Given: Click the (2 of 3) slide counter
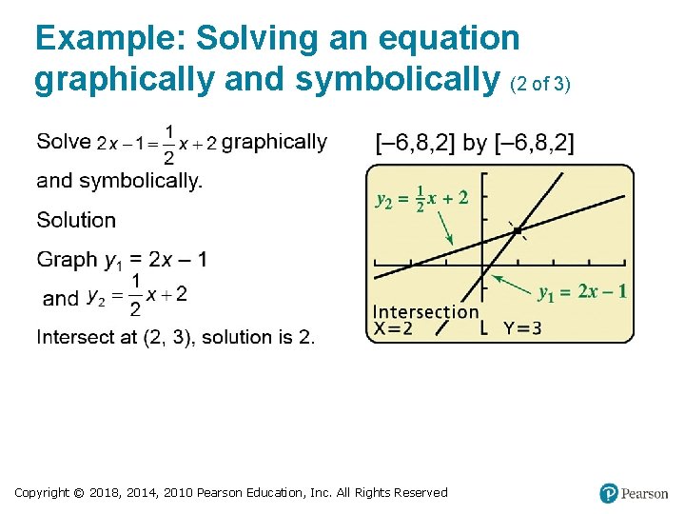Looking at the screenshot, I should click(x=540, y=84).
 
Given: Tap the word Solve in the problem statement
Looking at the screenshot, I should click(x=64, y=143).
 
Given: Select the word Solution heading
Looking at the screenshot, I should click(x=76, y=220).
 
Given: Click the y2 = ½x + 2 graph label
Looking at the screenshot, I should click(x=421, y=200).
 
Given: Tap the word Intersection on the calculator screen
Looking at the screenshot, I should click(x=425, y=311).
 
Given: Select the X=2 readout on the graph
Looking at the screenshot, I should click(x=393, y=329).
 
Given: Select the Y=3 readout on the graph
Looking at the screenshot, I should click(x=522, y=329).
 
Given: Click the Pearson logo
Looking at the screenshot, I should click(x=634, y=493).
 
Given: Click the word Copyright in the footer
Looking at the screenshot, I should click(x=42, y=492).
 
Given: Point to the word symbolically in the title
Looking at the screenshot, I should click(x=400, y=80).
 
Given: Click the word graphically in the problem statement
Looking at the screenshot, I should click(x=274, y=143).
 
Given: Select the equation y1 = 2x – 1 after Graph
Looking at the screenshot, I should click(x=156, y=260).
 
